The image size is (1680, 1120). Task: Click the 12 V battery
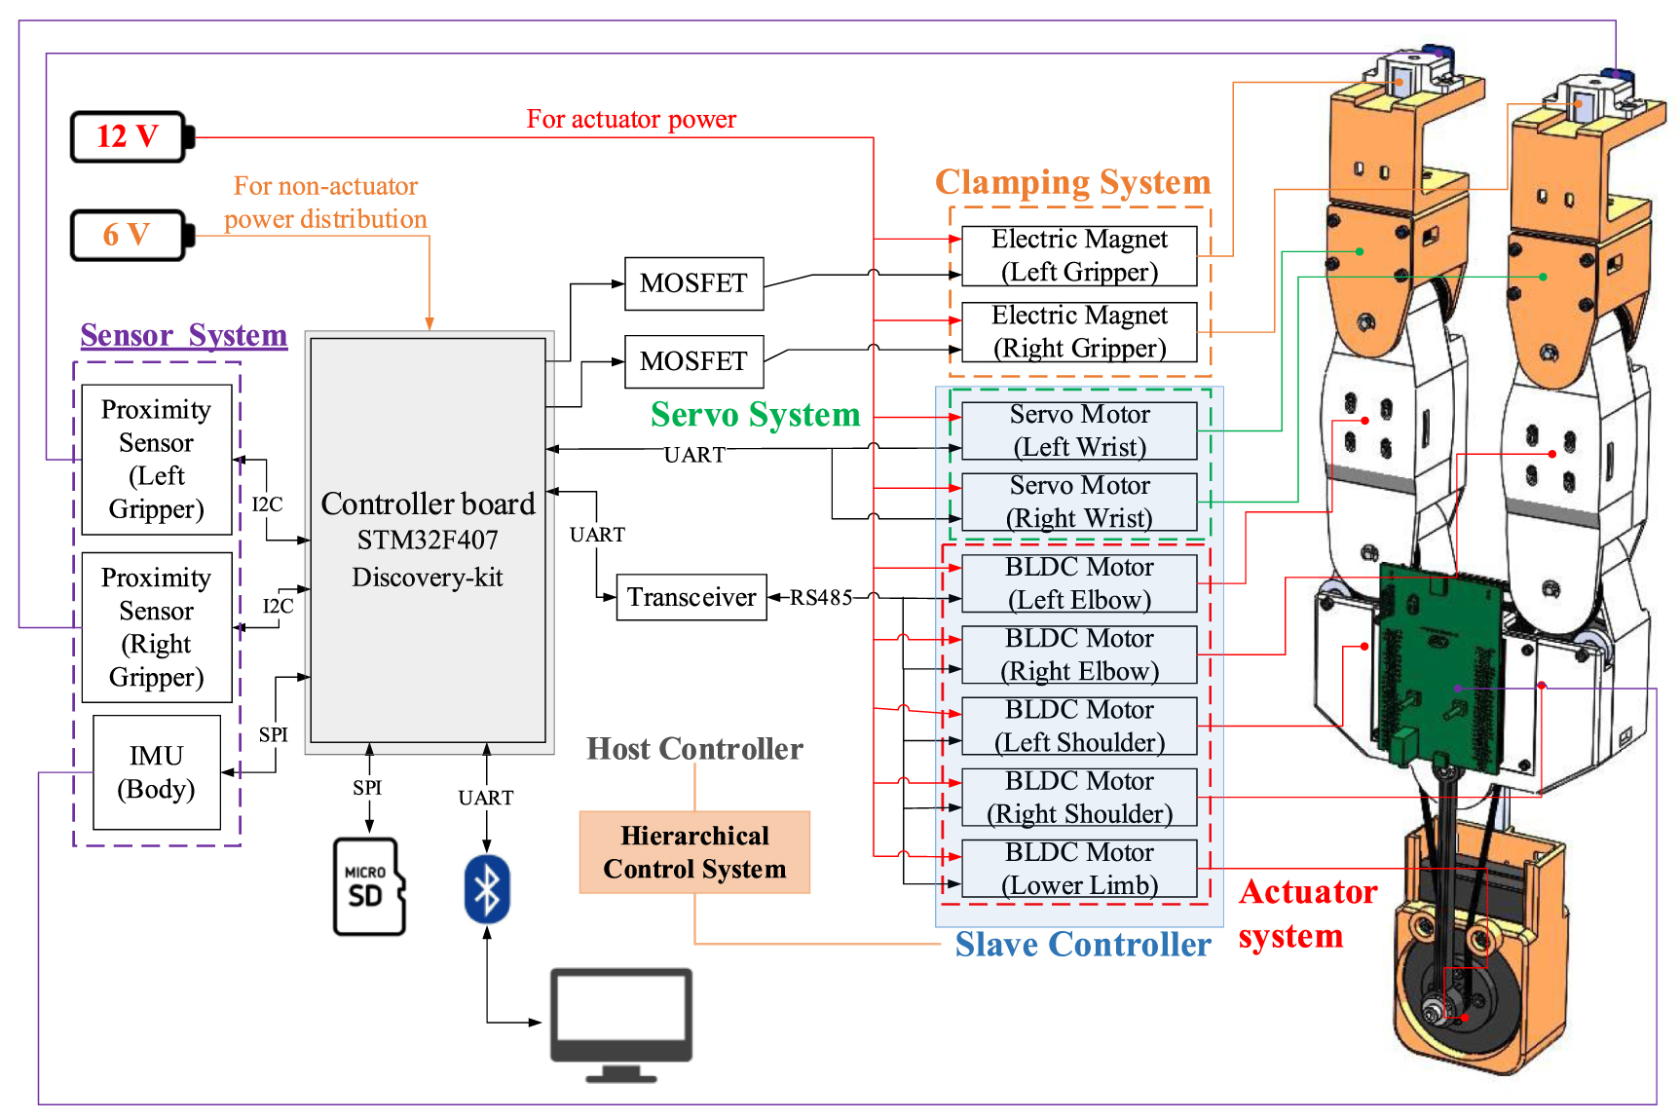(132, 136)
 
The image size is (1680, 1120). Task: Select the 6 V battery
(132, 235)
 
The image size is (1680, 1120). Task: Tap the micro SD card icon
(369, 886)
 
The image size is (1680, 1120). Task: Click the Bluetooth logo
(487, 888)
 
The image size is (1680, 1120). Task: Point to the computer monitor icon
(621, 1026)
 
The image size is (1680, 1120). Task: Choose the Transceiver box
(691, 597)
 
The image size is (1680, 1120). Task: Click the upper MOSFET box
(693, 283)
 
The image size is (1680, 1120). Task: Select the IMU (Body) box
(157, 772)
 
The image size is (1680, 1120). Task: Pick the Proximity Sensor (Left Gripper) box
(157, 460)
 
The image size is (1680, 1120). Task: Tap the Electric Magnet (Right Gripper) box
(1079, 332)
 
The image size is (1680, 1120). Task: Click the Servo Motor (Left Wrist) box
(1079, 430)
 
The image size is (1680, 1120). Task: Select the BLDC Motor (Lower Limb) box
(1079, 869)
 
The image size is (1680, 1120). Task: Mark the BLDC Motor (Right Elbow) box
(1079, 654)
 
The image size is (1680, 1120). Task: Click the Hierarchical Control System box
(694, 852)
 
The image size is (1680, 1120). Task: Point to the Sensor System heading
(184, 335)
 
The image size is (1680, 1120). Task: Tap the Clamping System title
(1073, 182)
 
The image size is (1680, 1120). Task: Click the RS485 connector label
(821, 597)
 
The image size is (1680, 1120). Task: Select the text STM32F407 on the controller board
(428, 540)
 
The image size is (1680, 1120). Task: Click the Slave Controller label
(1083, 944)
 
